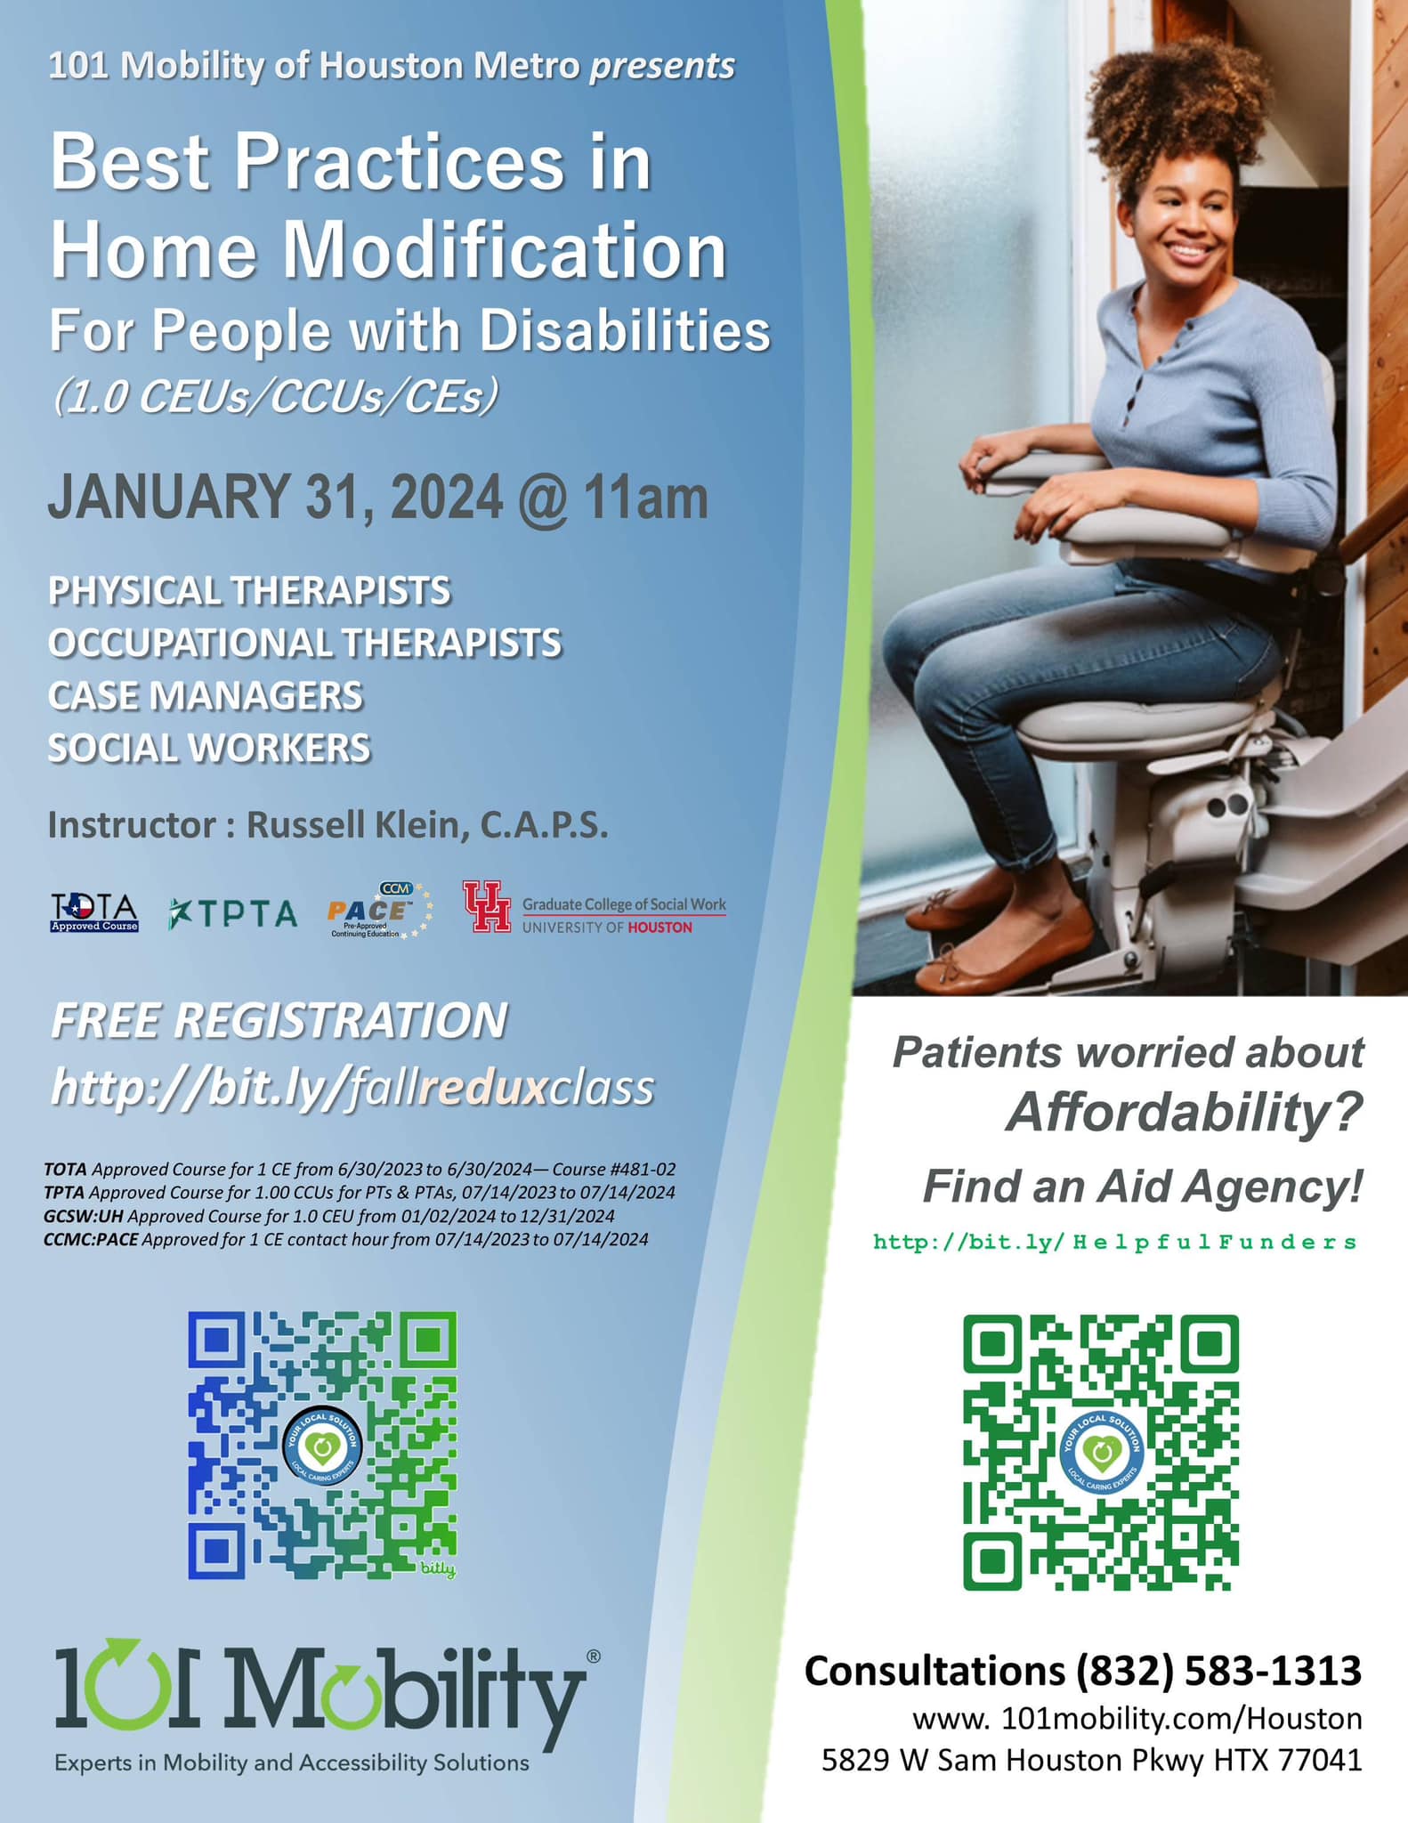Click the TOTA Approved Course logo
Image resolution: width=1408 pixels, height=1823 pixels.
coord(94,912)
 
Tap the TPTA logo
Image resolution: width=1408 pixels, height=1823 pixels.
coord(232,913)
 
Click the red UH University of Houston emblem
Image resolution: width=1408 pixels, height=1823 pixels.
coord(487,906)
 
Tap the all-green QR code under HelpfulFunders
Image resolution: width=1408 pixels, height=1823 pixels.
coord(1101,1452)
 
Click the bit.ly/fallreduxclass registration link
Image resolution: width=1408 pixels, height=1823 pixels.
coord(352,1087)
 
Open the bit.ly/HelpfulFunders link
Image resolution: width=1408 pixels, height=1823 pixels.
coord(1115,1242)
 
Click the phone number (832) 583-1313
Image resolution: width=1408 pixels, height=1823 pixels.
coord(1218,1671)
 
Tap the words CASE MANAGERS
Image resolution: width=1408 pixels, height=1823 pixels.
coord(206,695)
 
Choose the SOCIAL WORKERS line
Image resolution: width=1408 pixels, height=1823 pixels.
coord(209,748)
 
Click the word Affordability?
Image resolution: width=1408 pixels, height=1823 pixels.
coord(1185,1113)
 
